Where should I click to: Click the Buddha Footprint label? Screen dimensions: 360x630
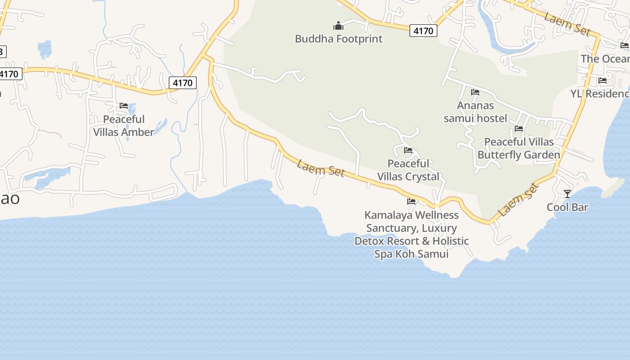(338, 39)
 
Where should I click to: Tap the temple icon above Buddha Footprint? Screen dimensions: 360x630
(338, 26)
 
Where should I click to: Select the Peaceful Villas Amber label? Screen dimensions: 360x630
(124, 126)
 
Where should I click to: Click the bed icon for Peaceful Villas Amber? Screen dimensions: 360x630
(124, 106)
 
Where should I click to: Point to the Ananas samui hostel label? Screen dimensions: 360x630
(475, 112)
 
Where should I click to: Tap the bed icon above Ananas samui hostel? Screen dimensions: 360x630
(475, 92)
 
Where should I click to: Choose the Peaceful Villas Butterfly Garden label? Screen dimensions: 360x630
(519, 148)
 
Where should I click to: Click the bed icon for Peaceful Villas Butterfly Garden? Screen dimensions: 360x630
(519, 129)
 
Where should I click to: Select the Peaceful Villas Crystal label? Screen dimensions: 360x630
(408, 170)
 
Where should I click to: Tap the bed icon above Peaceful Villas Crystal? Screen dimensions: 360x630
(408, 150)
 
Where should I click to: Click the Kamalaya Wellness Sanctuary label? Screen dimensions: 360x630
(411, 234)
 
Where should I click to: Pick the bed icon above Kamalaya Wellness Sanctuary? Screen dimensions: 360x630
(411, 202)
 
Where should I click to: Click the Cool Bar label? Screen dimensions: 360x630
(567, 207)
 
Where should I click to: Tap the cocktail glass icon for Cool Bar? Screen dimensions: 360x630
(567, 194)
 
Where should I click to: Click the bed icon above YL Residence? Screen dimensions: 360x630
(603, 81)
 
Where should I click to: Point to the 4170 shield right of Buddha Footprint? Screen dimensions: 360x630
(423, 31)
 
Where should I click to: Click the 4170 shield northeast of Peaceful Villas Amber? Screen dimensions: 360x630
(183, 83)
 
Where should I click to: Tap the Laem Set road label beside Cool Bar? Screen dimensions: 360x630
(519, 199)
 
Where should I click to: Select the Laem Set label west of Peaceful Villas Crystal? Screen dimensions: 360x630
(321, 169)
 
